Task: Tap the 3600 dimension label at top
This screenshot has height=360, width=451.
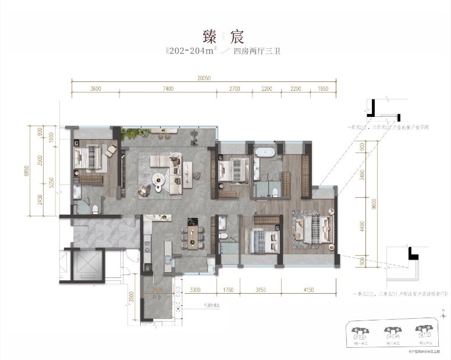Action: [x=96, y=89]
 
